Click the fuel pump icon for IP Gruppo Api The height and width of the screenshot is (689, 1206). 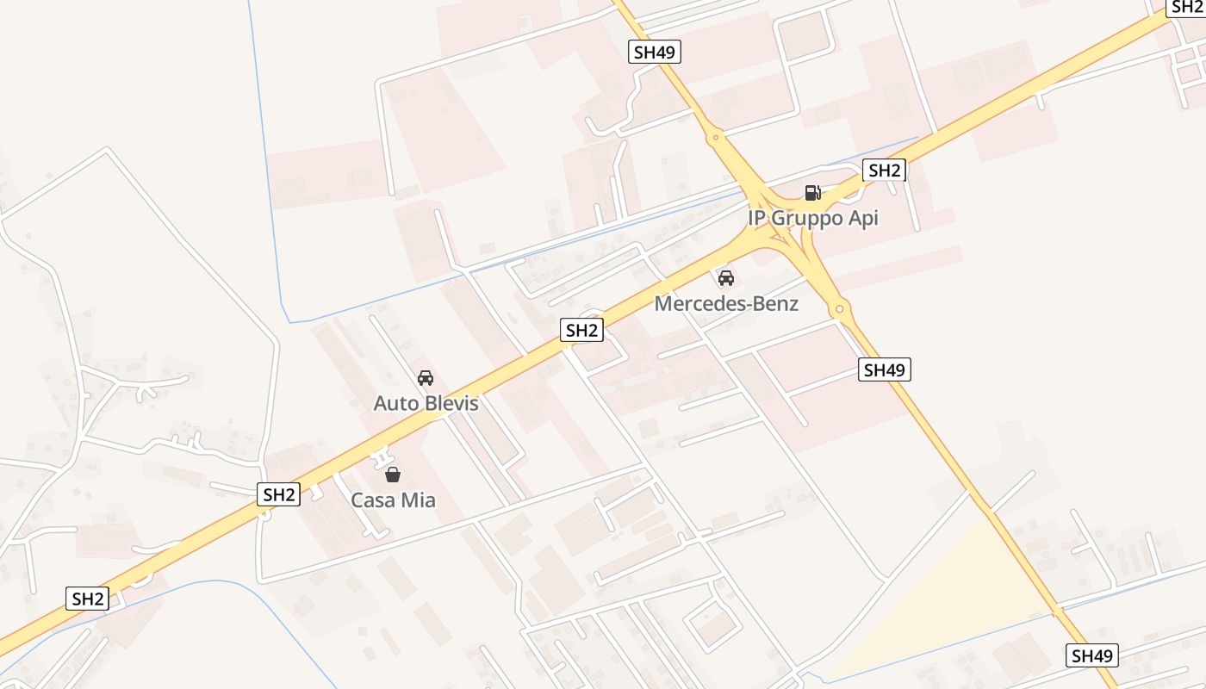[x=812, y=192]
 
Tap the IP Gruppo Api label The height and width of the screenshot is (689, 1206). [x=813, y=218]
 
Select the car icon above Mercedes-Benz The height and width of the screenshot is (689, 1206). [x=726, y=277]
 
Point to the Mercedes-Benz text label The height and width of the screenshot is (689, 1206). [x=726, y=303]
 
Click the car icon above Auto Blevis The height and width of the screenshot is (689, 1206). [x=426, y=377]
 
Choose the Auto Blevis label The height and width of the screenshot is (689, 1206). [x=426, y=403]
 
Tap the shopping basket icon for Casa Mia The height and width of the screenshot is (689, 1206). [x=393, y=474]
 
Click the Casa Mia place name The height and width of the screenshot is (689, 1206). [x=393, y=500]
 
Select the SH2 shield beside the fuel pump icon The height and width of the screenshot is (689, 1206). [x=884, y=171]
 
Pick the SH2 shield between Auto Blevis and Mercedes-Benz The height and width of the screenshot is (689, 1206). [x=581, y=329]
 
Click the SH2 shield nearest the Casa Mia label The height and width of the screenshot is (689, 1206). [x=279, y=494]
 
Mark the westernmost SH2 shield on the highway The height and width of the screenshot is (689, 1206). [x=88, y=599]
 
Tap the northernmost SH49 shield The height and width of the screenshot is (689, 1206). [x=655, y=52]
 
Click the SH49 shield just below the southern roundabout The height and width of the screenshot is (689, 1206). [x=885, y=370]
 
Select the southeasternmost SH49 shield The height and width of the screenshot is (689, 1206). [x=1092, y=655]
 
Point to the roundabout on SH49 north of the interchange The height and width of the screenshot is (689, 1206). [x=715, y=136]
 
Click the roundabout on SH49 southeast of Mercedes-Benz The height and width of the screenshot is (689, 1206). [x=839, y=308]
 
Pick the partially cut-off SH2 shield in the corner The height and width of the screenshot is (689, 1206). [x=1187, y=7]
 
